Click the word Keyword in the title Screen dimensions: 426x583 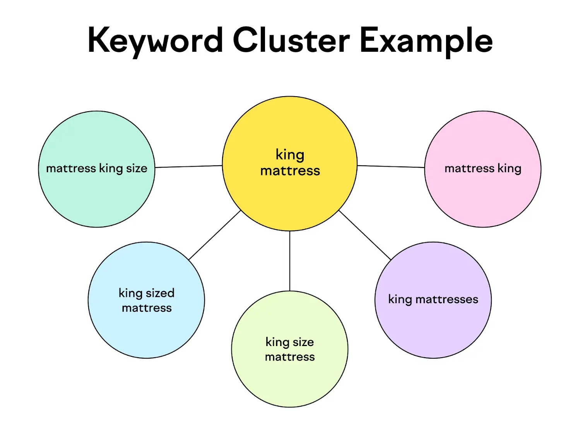tap(155, 41)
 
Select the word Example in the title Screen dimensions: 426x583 tap(426, 41)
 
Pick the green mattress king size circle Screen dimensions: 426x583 tap(96, 193)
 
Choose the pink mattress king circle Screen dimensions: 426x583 tap(482, 193)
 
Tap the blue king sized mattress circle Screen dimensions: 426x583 tap(146, 328)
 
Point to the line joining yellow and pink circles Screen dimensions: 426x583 tap(391, 166)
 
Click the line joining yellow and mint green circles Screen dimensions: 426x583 tap(188, 166)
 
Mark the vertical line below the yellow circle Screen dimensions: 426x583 tap(290, 261)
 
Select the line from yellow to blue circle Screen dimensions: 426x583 tap(215, 235)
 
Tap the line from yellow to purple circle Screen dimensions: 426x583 tap(365, 235)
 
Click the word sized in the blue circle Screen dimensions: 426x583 tap(160, 293)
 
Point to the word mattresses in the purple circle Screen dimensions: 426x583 tap(447, 299)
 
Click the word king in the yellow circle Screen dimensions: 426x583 tap(290, 154)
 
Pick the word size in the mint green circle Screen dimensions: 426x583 tap(137, 168)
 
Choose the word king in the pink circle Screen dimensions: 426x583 tap(509, 168)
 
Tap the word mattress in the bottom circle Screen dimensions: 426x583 tap(290, 357)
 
